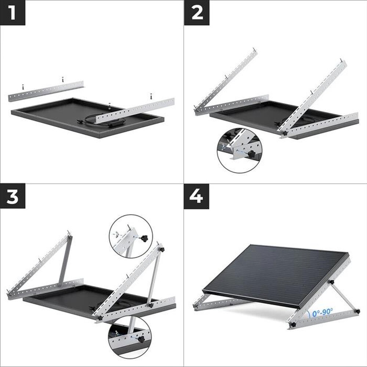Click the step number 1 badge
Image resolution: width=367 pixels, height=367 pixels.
(12, 12)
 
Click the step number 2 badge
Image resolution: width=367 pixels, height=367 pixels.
(197, 12)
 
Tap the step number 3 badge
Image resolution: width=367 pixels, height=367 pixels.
(12, 197)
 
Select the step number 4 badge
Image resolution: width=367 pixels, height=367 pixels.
(197, 197)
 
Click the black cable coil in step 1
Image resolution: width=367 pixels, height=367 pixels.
(98, 120)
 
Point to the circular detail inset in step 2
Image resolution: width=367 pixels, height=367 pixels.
(239, 150)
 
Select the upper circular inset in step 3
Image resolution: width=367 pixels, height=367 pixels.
(131, 236)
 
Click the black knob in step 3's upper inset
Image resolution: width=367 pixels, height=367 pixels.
(145, 239)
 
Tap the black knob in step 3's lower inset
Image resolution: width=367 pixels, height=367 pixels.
(141, 339)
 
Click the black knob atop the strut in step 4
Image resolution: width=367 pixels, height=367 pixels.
(331, 282)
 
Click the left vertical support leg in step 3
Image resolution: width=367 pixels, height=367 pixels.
(65, 261)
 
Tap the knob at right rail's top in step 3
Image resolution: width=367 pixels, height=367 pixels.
(162, 250)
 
